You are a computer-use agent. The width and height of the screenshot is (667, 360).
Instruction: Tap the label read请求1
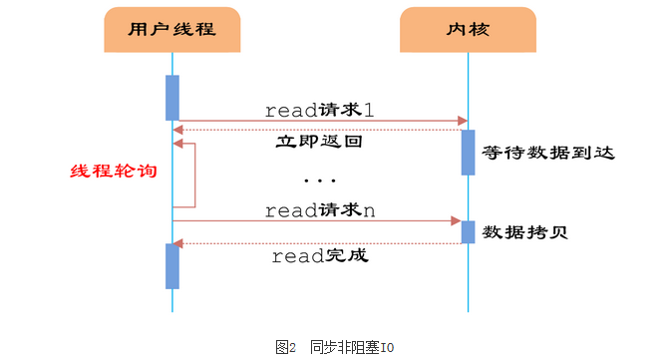click(319, 110)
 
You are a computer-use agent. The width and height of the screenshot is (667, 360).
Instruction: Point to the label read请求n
click(319, 209)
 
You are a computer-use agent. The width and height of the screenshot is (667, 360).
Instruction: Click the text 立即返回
click(318, 143)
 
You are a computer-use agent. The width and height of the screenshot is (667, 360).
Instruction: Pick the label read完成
click(320, 256)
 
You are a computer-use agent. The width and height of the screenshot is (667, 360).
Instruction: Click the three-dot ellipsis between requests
click(319, 180)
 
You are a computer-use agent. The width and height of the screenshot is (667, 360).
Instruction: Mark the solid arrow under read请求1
click(319, 122)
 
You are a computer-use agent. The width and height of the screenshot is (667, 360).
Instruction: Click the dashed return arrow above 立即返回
click(319, 130)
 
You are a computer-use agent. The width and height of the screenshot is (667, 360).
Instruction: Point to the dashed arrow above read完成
click(319, 243)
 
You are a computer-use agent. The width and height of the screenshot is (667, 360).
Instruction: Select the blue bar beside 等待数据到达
click(468, 152)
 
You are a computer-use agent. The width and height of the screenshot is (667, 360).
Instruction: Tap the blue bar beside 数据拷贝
click(468, 231)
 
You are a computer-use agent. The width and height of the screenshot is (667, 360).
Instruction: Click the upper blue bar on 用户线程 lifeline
click(172, 97)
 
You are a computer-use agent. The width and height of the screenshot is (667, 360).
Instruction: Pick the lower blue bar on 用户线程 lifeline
click(172, 265)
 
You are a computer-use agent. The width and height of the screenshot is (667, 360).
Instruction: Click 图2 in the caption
click(286, 347)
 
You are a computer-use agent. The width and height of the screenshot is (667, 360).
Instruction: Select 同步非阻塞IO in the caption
click(352, 347)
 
